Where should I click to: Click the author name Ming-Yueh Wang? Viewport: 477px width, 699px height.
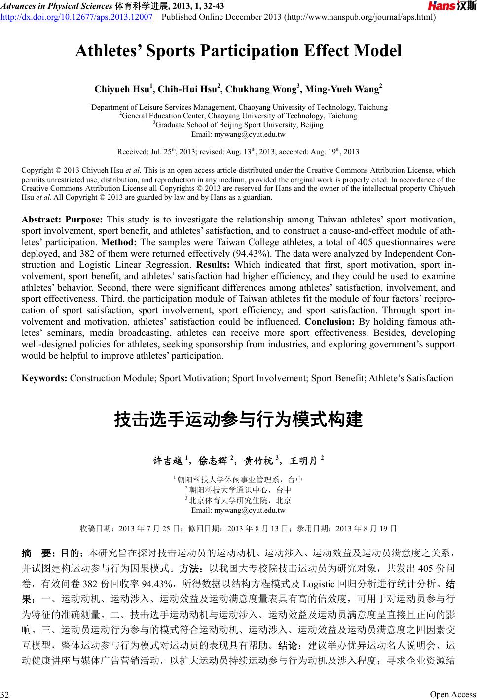(342, 89)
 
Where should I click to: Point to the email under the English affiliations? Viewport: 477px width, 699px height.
(238, 134)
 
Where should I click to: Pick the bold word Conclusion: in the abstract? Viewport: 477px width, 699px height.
(328, 322)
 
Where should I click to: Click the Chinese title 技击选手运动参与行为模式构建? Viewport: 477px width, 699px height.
(238, 420)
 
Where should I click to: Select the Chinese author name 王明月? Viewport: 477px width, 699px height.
(302, 462)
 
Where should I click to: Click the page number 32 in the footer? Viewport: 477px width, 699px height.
(5, 695)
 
